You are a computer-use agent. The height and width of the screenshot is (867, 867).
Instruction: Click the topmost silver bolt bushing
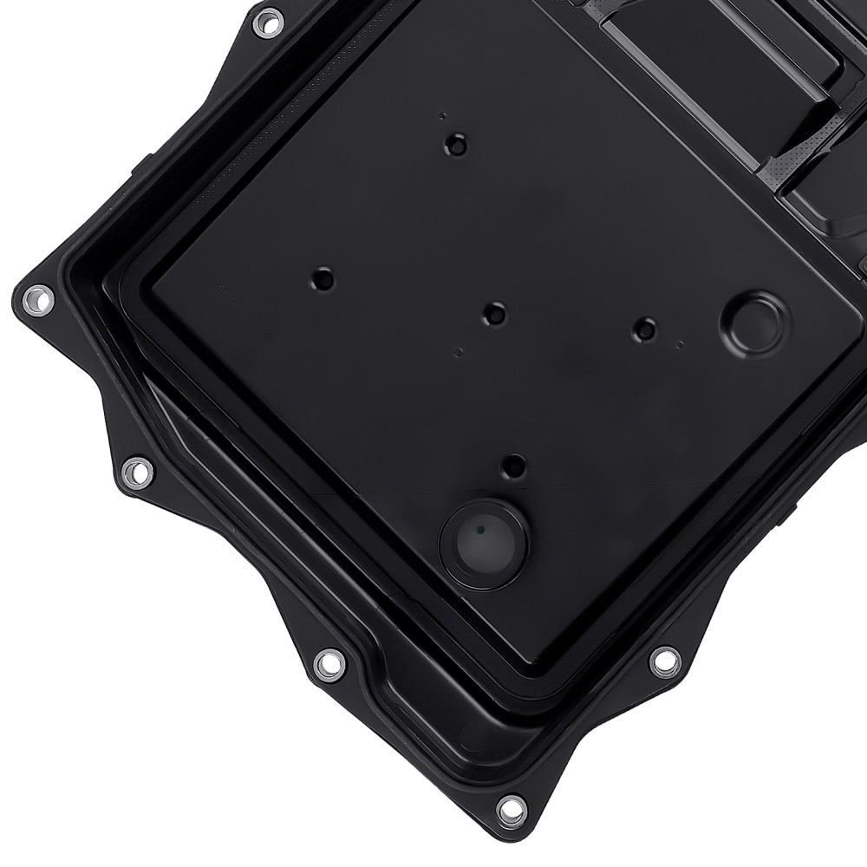point(268,21)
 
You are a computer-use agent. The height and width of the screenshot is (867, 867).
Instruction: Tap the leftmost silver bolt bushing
point(37,300)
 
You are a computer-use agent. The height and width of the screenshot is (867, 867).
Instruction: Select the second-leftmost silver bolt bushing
point(136,473)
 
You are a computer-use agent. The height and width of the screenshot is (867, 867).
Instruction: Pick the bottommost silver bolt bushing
point(512,808)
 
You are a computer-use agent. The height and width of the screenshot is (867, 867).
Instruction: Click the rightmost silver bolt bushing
point(664,661)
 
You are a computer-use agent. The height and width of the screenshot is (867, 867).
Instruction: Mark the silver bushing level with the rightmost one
point(329,664)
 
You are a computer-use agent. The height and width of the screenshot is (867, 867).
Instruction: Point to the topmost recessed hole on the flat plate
point(455,145)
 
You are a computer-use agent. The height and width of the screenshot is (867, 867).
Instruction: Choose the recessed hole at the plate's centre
point(495,313)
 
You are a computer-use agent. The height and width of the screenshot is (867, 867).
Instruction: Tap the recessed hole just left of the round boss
point(645,329)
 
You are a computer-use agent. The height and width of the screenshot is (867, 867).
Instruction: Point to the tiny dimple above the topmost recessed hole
point(443,115)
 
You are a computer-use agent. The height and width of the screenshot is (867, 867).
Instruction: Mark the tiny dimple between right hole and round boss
point(682,344)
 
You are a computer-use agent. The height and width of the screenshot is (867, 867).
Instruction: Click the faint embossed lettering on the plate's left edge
point(227,299)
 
